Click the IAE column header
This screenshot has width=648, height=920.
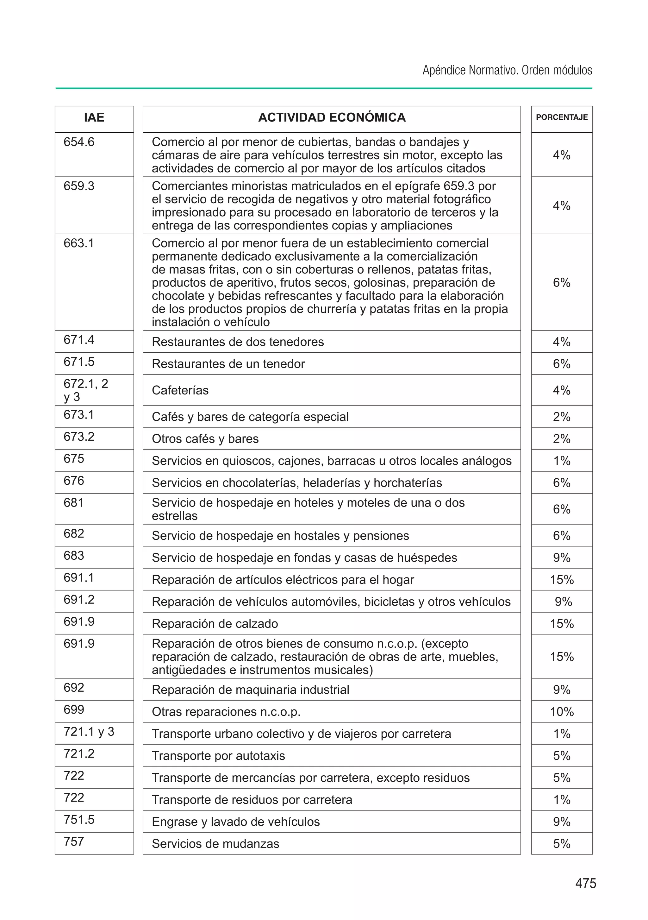pos(94,117)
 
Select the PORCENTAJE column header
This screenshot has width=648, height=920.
pos(562,117)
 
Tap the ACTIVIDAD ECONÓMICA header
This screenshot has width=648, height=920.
pos(332,117)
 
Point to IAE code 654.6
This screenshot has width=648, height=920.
pos(79,142)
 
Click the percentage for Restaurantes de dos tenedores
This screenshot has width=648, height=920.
pos(562,342)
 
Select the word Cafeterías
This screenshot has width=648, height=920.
pos(180,390)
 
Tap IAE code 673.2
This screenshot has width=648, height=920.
pos(79,436)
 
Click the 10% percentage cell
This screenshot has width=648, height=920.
pos(562,712)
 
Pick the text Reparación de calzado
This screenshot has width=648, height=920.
pos(215,623)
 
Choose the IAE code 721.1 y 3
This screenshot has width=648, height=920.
pos(89,732)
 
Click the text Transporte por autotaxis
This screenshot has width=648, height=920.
pos(218,756)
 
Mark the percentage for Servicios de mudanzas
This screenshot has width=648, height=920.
pos(562,844)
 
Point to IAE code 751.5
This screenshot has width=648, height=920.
pos(79,819)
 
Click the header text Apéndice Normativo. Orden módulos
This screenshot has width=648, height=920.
pos(507,71)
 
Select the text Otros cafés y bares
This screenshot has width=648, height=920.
pos(205,439)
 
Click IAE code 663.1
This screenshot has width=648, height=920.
pos(79,243)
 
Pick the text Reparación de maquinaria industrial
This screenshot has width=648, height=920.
pos(250,690)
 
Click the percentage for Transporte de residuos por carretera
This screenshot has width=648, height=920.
pos(562,800)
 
